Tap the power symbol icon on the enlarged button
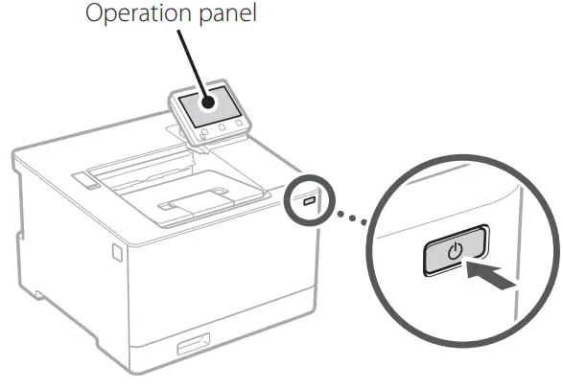coord(454,251)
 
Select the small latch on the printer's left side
coord(116,252)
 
